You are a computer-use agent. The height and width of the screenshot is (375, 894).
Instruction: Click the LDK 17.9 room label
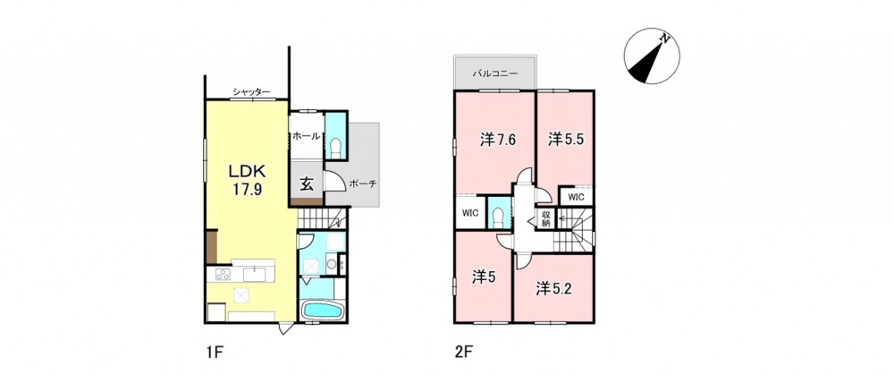point(246,181)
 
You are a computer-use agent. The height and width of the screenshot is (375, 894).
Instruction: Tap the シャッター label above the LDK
point(251,91)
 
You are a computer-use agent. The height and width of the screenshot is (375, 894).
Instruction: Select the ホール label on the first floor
point(306,137)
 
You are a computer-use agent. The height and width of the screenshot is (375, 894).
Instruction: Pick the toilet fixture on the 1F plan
point(335,148)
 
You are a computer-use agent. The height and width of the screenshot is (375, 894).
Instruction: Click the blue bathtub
point(322,311)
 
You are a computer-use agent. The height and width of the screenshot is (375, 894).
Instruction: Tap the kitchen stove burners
point(223,275)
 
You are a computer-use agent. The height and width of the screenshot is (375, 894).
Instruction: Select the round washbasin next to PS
point(330,264)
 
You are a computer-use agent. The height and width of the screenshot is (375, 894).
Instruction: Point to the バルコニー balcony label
point(494,74)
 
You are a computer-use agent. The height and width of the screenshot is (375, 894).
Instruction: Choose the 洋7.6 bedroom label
point(498,140)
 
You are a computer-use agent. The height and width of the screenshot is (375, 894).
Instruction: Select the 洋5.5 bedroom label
point(566,139)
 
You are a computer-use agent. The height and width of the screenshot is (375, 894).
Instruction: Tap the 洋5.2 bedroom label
point(553,288)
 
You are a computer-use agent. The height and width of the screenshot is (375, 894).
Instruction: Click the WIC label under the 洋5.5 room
point(576,197)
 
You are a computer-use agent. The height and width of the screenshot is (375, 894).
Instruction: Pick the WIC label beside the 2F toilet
point(470,214)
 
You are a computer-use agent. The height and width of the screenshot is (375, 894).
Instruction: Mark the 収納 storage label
point(545,218)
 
